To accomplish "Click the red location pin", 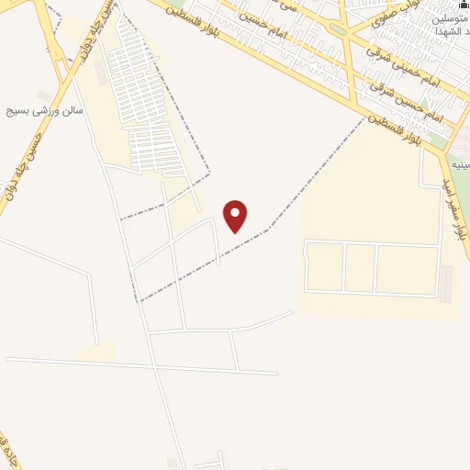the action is pos(236,216).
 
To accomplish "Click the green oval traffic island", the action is pos(340,29).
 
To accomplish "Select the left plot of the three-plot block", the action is pos(325,266).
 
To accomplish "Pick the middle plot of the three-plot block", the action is pos(360,268).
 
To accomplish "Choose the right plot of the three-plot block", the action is pos(407,270).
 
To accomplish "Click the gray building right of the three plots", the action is pos(447,285).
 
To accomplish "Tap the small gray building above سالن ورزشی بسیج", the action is pos(44,95).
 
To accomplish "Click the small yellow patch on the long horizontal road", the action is pos(95,352).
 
